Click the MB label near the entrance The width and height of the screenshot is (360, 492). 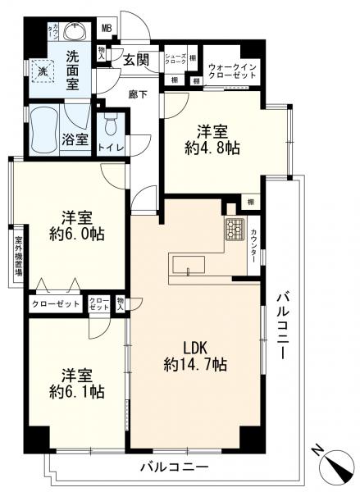pyautogui.click(x=107, y=29)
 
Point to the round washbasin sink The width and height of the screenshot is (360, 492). pyautogui.click(x=76, y=33)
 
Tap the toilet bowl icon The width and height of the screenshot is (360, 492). pyautogui.click(x=112, y=127)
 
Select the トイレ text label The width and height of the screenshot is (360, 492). pyautogui.click(x=111, y=148)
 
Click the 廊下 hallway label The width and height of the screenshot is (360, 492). pyautogui.click(x=137, y=94)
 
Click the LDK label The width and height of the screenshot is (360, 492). pyautogui.click(x=194, y=345)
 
